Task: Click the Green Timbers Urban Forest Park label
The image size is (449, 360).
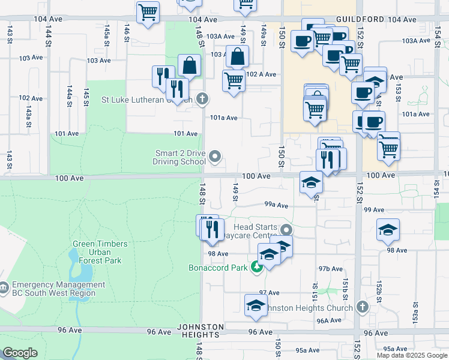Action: pyautogui.click(x=100, y=252)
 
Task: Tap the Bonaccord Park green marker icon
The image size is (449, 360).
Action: pyautogui.click(x=257, y=268)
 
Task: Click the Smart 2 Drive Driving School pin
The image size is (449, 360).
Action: pyautogui.click(x=215, y=158)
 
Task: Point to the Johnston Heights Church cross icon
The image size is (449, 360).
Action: pyautogui.click(x=361, y=308)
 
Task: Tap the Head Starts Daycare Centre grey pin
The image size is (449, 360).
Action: pyautogui.click(x=286, y=230)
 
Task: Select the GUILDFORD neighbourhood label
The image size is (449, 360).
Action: pyautogui.click(x=360, y=20)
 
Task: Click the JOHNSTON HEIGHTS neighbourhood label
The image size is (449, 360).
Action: pyautogui.click(x=200, y=331)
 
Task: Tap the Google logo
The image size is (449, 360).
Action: pyautogui.click(x=20, y=353)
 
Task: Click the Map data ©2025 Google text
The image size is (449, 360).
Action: pyautogui.click(x=412, y=355)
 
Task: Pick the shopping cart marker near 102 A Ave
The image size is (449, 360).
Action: pyautogui.click(x=233, y=80)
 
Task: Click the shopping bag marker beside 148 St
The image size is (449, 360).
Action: pyautogui.click(x=189, y=65)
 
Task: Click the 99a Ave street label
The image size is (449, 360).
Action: pyautogui.click(x=277, y=205)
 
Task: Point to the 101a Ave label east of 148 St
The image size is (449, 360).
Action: pyautogui.click(x=224, y=118)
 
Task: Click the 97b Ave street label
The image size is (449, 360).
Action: pyautogui.click(x=331, y=268)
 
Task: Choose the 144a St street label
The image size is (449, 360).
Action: pyautogui.click(x=70, y=95)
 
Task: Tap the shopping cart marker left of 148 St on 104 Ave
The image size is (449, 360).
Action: pyautogui.click(x=148, y=11)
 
